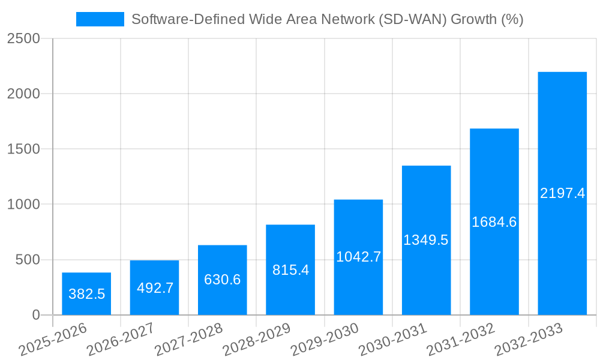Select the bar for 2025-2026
point(86,293)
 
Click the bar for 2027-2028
point(223,280)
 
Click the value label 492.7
point(155,288)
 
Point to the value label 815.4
point(290,270)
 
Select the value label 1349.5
point(426,240)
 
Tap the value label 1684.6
point(494,222)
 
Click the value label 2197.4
point(562,193)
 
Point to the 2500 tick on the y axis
point(23,39)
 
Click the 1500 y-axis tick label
point(23,149)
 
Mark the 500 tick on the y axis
point(28,260)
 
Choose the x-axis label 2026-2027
point(121,340)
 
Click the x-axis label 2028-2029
point(257,340)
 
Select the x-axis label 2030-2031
point(392,340)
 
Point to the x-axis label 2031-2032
point(461,340)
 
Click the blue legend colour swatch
point(100,20)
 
